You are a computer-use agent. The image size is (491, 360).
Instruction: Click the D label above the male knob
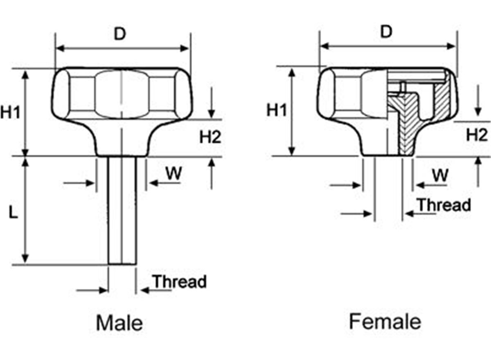point(119,34)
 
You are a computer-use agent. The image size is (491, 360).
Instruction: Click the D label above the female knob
point(386,32)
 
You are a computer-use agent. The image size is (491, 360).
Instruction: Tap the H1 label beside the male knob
point(10,112)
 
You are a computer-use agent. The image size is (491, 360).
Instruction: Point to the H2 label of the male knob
point(210,137)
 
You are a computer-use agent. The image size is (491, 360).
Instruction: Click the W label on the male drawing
point(173,173)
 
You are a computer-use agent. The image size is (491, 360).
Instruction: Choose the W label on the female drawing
point(440,175)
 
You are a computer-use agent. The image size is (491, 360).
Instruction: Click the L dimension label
point(14,214)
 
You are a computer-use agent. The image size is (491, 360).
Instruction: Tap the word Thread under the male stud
point(180,282)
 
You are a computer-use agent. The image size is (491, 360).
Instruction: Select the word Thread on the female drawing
point(444,205)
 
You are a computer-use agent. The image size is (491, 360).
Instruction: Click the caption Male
point(119,323)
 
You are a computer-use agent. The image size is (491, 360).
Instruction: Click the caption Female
point(385,322)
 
